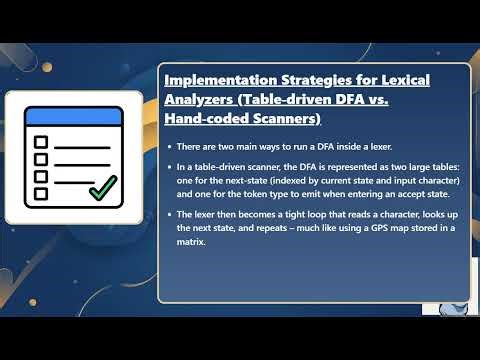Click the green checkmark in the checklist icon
click(103, 186)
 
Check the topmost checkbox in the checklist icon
click(41, 142)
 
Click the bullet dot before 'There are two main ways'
click(168, 147)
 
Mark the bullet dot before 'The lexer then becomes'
click(168, 215)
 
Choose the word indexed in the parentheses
click(285, 181)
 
